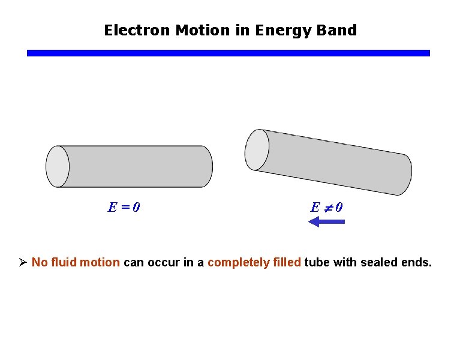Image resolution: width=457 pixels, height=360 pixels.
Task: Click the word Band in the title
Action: (337, 30)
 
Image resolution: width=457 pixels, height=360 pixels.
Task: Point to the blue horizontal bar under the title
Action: (228, 53)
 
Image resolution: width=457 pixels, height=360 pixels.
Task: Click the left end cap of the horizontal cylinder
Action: (58, 166)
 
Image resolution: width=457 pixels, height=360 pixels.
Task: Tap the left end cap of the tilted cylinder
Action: (257, 149)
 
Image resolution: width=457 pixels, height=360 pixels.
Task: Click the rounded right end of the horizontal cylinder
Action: (205, 166)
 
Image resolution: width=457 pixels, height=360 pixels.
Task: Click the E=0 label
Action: (124, 208)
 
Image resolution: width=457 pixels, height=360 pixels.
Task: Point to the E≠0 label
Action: (327, 208)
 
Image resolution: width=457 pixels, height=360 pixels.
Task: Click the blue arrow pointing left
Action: (326, 222)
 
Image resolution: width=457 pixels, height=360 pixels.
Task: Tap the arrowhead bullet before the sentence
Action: (23, 262)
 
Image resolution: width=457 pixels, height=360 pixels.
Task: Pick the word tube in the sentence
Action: (317, 262)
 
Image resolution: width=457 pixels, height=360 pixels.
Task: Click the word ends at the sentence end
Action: (417, 262)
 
